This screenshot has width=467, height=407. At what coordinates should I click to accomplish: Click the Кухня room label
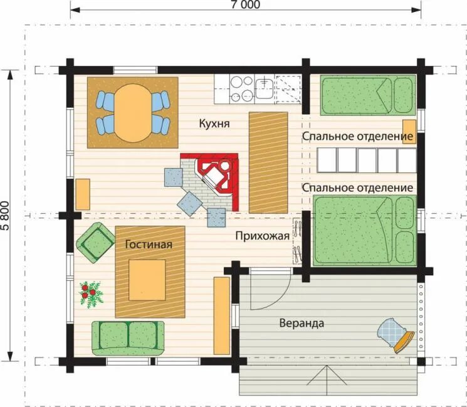(214, 124)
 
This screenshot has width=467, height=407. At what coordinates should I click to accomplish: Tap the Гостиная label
(149, 245)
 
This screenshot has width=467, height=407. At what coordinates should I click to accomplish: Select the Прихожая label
(263, 236)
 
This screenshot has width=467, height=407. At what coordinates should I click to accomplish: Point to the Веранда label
(302, 323)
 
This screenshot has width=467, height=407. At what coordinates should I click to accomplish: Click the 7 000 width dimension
(246, 4)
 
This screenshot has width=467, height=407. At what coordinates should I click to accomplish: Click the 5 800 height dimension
(6, 216)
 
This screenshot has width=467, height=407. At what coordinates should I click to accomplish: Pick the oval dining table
(133, 113)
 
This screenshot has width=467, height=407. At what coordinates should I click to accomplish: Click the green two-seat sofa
(128, 338)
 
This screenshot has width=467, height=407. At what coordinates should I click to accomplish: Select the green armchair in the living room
(95, 242)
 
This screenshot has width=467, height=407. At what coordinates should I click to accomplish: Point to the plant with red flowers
(90, 293)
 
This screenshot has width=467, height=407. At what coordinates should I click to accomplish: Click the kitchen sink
(264, 88)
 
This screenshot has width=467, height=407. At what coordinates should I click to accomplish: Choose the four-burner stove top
(242, 88)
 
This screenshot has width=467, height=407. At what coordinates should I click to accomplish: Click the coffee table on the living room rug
(147, 280)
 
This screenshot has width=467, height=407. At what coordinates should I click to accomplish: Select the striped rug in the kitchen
(268, 162)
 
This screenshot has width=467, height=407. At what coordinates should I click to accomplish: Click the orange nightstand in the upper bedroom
(409, 132)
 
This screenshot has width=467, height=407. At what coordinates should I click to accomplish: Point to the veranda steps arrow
(327, 376)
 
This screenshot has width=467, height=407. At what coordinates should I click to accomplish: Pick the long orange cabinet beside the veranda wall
(222, 316)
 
